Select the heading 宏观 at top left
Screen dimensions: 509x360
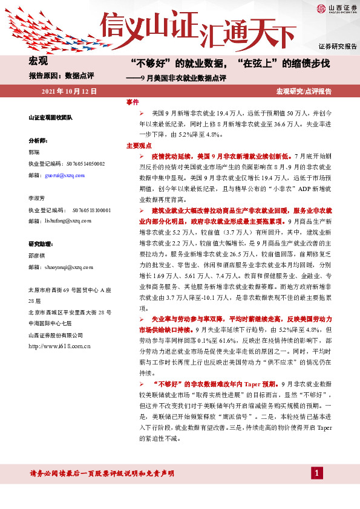(38, 60)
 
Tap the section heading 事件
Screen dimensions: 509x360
(133, 102)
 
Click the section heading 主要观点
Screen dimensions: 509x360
(139, 146)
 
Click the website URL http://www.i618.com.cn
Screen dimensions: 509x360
(59, 346)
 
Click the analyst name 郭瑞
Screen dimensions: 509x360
(35, 152)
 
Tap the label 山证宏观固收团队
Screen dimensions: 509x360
(51, 117)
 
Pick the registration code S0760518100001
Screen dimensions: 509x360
(91, 210)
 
